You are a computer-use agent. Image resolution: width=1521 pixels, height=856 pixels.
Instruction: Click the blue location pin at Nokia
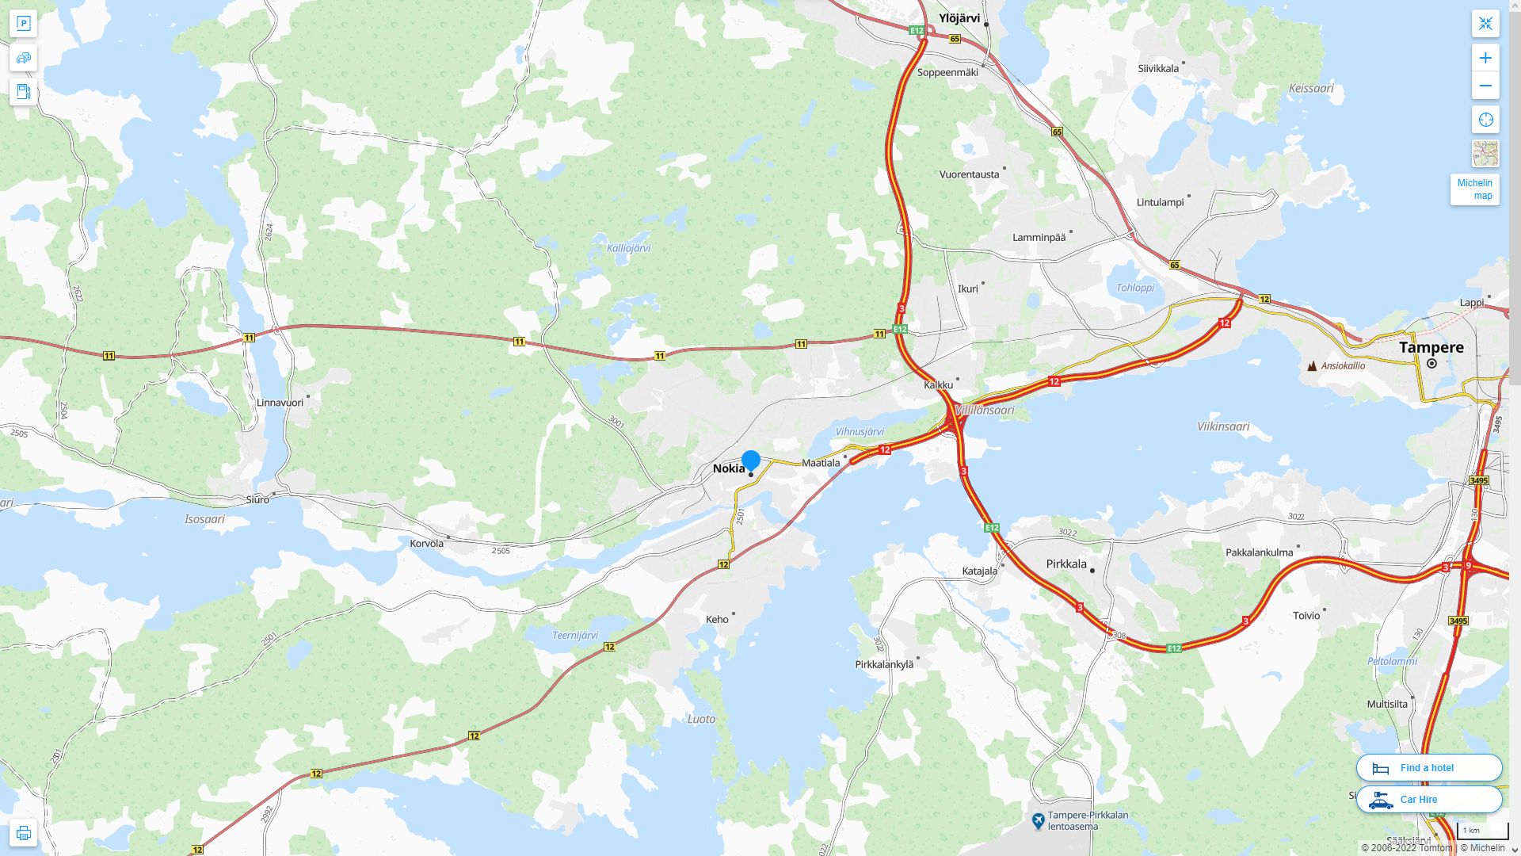pos(751,460)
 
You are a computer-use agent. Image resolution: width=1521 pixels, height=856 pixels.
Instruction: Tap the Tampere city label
pos(1431,347)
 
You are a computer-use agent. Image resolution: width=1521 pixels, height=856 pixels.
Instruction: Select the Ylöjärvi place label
pos(959,18)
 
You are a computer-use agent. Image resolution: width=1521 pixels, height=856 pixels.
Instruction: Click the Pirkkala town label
pos(1066,564)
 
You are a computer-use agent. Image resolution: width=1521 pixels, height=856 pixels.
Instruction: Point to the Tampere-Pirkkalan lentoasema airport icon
pos(1038,820)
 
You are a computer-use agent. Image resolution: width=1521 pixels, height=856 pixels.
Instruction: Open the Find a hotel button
pos(1428,767)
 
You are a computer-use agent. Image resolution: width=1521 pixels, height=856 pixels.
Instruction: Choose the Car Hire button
pos(1428,799)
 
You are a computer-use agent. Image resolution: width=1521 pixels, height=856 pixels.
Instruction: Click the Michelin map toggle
pos(1474,189)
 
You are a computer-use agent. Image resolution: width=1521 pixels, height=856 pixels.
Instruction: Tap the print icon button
pos(23,832)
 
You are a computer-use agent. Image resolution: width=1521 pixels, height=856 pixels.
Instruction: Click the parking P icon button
pos(23,24)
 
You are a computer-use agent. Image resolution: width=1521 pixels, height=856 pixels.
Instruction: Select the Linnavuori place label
pos(280,403)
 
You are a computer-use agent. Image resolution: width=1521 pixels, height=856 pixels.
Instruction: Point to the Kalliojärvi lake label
pos(628,248)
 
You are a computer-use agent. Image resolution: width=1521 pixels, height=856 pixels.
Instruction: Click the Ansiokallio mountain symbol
pos(1312,366)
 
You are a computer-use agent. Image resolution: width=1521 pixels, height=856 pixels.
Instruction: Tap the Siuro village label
pos(257,499)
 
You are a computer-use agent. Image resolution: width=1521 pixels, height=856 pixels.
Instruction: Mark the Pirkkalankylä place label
pos(884,664)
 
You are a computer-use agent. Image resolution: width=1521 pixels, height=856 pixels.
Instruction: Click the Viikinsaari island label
pos(1223,426)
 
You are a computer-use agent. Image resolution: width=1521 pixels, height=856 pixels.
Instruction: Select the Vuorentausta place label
pos(969,174)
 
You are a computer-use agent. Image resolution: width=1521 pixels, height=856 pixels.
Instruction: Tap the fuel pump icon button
pos(23,92)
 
